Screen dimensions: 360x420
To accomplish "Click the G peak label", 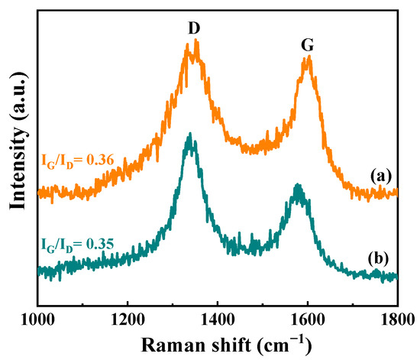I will [x=307, y=47].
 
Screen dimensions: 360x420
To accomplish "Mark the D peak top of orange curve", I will [x=195, y=41].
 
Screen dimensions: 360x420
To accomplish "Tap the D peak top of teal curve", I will [x=189, y=135].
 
